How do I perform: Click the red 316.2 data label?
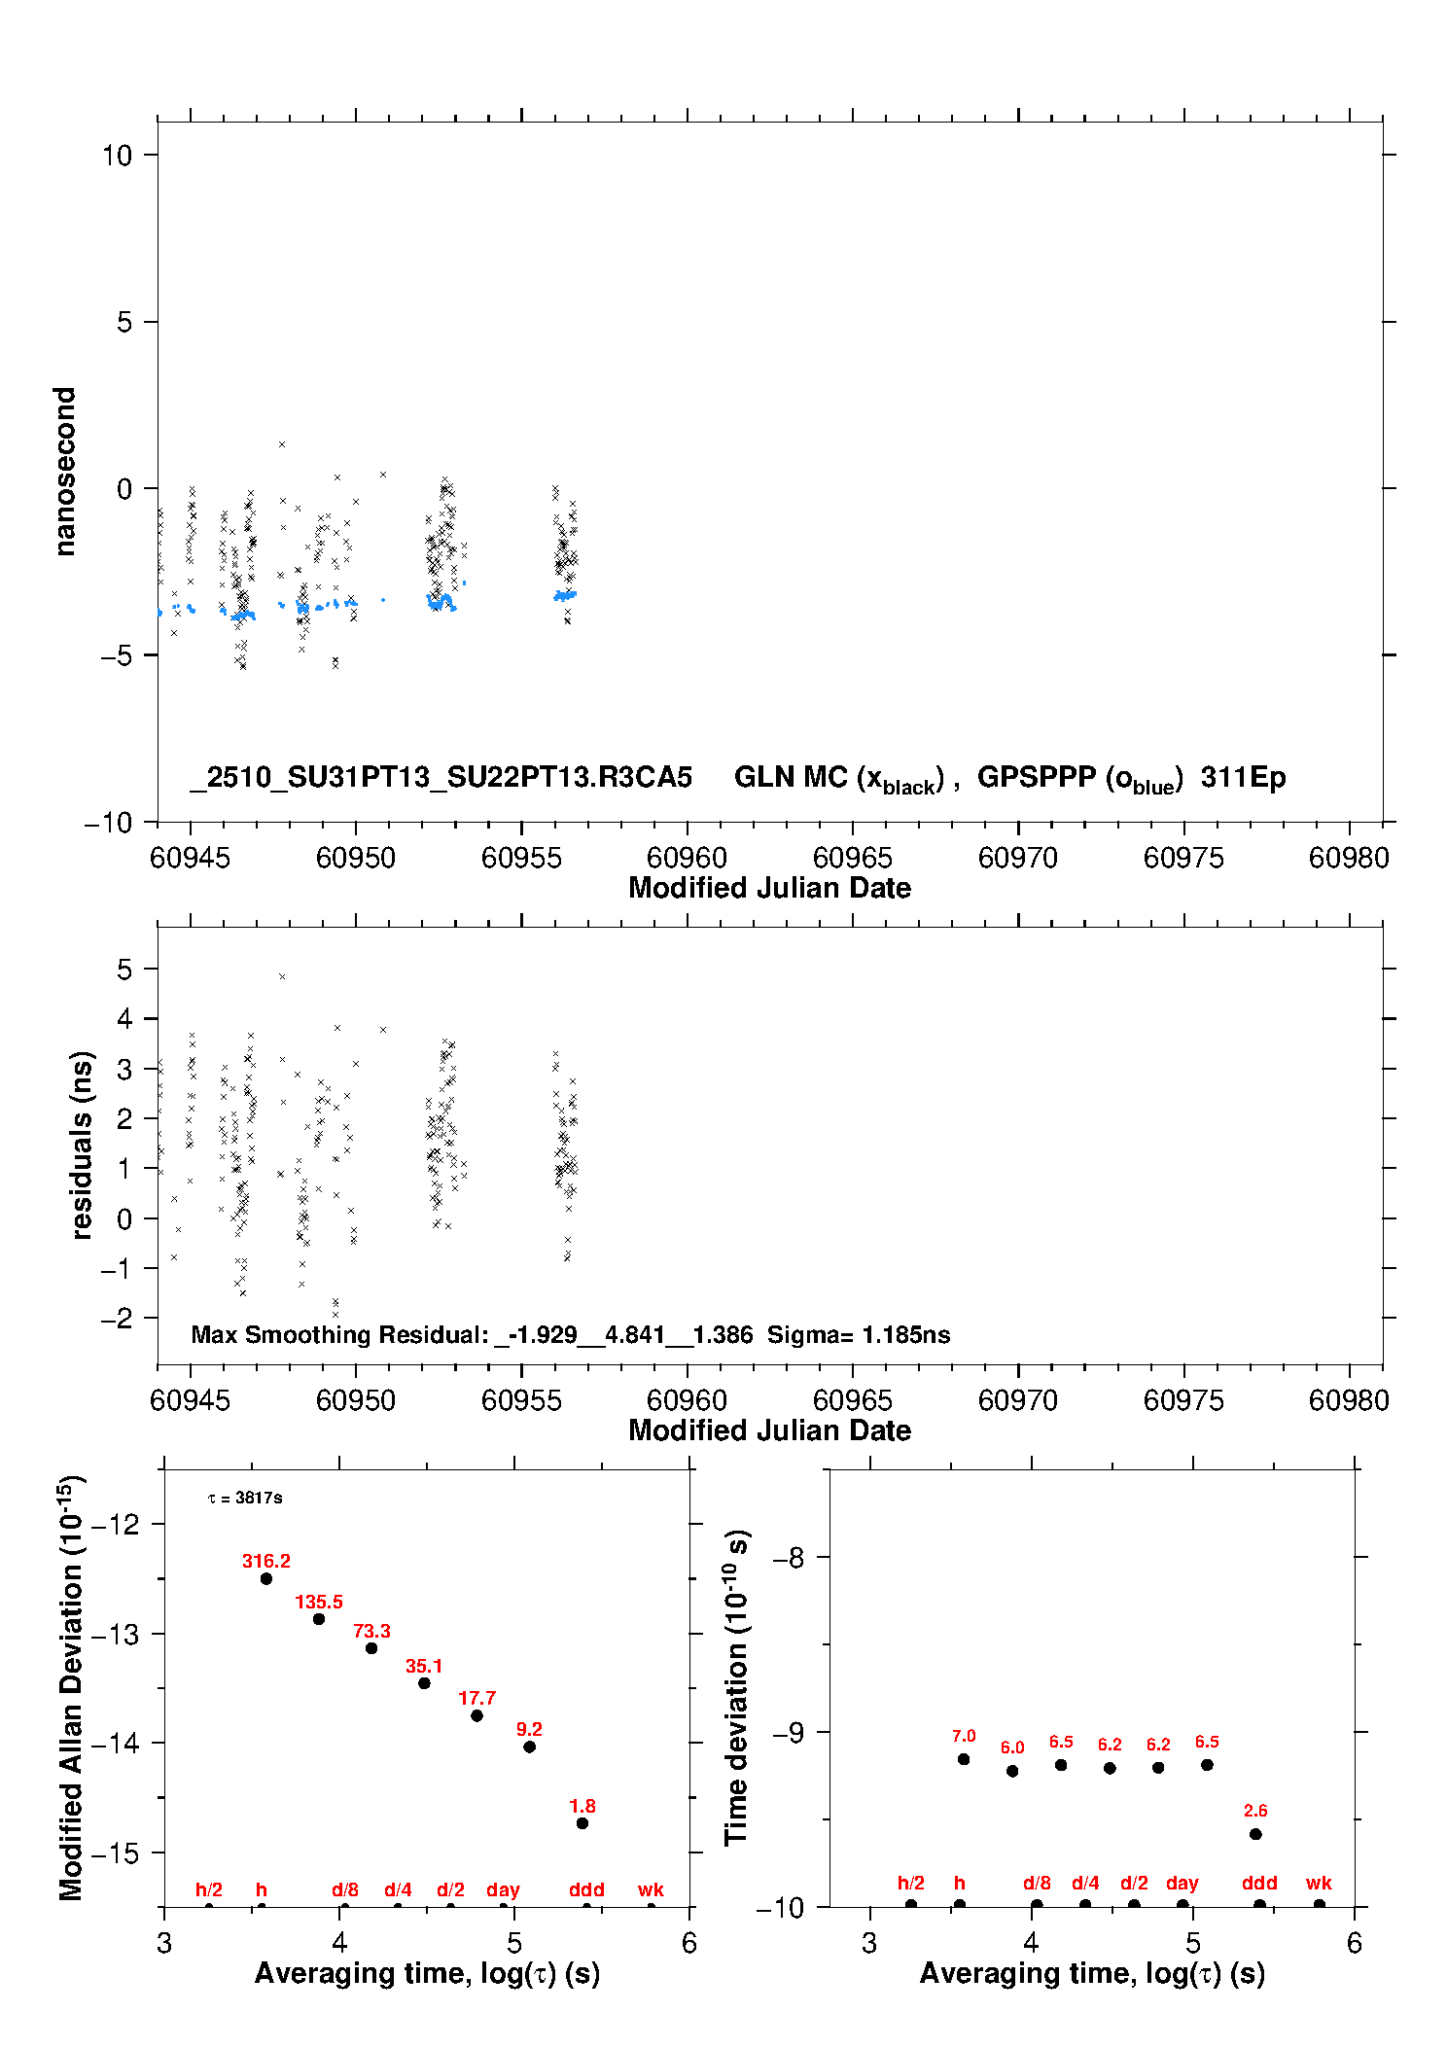coord(265,1561)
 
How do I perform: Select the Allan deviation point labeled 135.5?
coord(319,1619)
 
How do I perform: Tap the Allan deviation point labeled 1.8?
coord(582,1823)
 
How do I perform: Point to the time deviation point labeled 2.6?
coord(1255,1834)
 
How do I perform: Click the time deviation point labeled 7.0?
coord(964,1759)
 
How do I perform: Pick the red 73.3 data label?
coord(371,1631)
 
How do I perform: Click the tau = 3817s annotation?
coord(245,1499)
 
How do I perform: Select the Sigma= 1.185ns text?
coord(859,1335)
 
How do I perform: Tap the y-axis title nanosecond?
coord(65,472)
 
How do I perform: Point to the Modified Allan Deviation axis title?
coord(71,1687)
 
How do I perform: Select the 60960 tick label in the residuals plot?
coord(687,1400)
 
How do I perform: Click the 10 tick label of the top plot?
coord(117,156)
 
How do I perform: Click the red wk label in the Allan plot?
coord(651,1889)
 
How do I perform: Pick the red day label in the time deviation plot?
coord(1182,1883)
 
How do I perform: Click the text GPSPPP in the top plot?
coord(1037,778)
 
